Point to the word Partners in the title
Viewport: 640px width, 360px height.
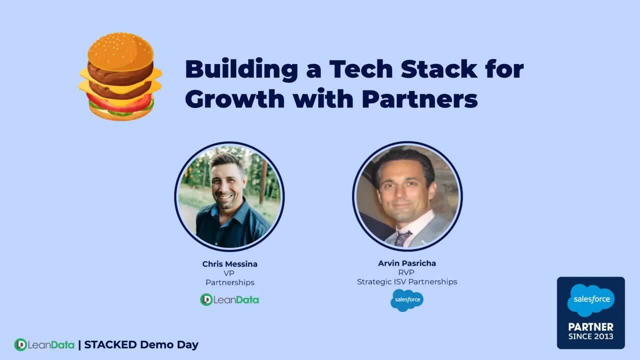[x=419, y=98]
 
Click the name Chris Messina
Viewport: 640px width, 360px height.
[x=230, y=264]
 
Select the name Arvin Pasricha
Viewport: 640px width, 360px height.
[x=407, y=263]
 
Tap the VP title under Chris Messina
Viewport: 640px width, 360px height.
[x=229, y=273]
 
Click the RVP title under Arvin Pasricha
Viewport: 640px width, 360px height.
[x=407, y=272]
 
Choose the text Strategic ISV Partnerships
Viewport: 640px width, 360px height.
[x=407, y=282]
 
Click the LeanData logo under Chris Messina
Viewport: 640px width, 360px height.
[x=229, y=299]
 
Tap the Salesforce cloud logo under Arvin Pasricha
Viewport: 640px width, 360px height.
[x=407, y=300]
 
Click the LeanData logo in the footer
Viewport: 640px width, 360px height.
[x=44, y=344]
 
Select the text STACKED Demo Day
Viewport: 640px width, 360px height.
[x=141, y=344]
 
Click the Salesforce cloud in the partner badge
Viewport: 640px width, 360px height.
[x=590, y=300]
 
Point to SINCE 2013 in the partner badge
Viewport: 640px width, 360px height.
[x=590, y=336]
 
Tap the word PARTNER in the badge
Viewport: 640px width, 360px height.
[x=590, y=327]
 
